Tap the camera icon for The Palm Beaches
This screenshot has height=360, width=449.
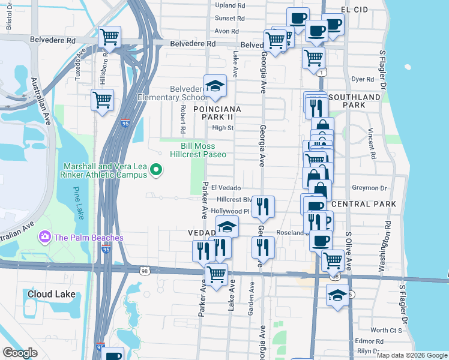point(44,238)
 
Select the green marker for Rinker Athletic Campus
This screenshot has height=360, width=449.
point(157,171)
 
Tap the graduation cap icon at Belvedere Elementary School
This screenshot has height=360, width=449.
point(214,86)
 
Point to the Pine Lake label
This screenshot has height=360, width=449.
point(78,203)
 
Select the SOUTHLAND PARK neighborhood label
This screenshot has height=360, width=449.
point(354,101)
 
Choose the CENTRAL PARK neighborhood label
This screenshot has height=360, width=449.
point(363,204)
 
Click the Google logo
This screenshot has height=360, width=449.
point(20,353)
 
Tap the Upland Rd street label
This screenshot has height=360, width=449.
point(230,5)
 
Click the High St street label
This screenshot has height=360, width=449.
point(223,127)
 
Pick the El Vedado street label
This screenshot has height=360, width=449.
point(225,188)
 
